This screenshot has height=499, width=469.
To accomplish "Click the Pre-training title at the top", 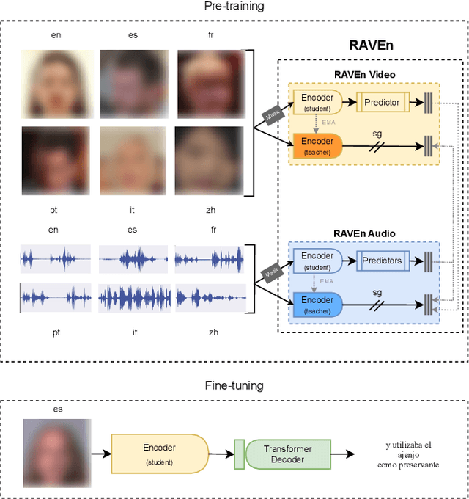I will [x=234, y=7].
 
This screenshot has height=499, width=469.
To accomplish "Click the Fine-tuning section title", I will [x=234, y=385].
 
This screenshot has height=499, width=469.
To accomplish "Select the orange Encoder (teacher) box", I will [x=317, y=145].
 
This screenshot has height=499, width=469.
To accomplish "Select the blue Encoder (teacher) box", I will [x=317, y=304].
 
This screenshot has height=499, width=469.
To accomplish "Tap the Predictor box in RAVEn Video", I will [x=382, y=102].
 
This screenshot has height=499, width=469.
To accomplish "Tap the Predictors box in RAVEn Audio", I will [x=382, y=261].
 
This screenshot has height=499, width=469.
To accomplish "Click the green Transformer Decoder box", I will [x=288, y=454].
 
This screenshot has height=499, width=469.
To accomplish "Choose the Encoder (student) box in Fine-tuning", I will [x=160, y=453].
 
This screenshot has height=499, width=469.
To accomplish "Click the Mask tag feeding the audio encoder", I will [x=273, y=272].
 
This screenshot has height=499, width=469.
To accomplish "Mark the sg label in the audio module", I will [x=377, y=292].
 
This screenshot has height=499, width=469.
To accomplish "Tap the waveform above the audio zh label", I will [x=209, y=298].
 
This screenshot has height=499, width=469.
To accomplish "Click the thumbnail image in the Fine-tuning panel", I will [x=56, y=453].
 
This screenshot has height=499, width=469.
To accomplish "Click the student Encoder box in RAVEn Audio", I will [x=317, y=261].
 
